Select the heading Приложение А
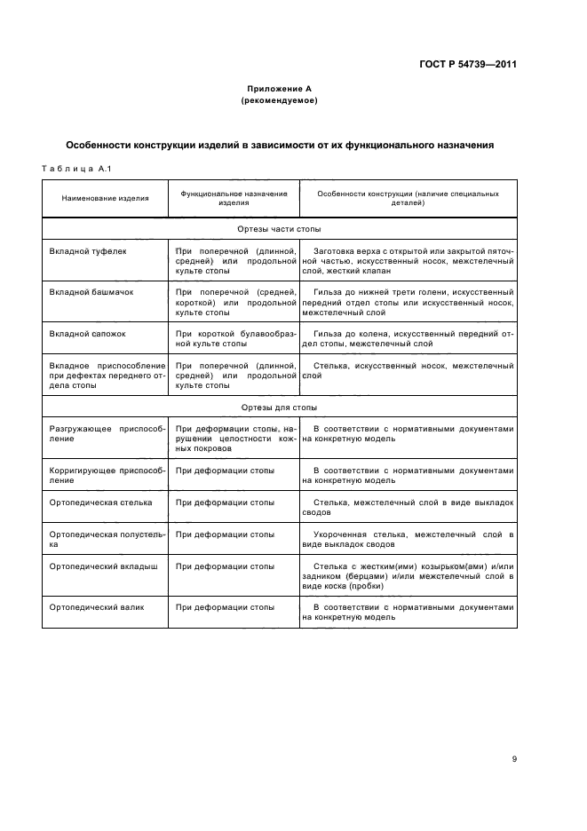pos(279,89)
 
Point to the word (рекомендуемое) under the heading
pos(279,100)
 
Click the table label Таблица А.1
pos(75,170)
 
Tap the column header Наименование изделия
pos(105,198)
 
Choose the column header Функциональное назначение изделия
pos(234,197)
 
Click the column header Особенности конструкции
pos(408,197)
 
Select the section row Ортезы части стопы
pos(279,229)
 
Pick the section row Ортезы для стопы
pos(279,407)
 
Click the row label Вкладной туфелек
pos(88,251)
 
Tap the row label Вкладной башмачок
pos(91,292)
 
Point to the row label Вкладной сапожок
pos(89,333)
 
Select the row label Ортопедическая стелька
pos(100,502)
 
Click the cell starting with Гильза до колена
pos(408,338)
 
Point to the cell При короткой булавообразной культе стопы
pos(234,338)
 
